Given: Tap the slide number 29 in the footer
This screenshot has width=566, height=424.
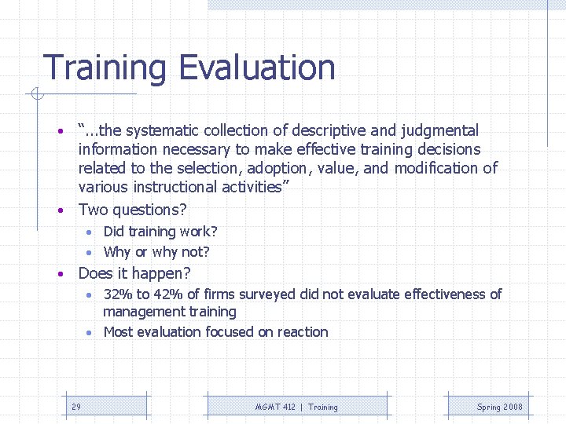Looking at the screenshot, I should [x=76, y=406].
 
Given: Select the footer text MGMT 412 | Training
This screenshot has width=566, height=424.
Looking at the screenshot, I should [x=296, y=407].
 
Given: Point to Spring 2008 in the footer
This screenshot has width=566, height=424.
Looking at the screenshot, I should [x=499, y=407].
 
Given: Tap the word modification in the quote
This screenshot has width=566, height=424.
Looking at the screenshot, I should [x=436, y=168].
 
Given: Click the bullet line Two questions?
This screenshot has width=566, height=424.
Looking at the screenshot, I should [x=133, y=210].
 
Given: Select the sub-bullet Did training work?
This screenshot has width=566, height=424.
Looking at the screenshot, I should [x=160, y=232].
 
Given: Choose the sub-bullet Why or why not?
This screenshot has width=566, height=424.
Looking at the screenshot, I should [x=156, y=252].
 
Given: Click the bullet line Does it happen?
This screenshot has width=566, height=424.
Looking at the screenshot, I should [x=134, y=273].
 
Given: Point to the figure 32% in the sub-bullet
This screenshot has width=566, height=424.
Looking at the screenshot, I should [x=118, y=294].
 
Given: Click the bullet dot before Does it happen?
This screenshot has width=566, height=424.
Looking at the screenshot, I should [x=60, y=275].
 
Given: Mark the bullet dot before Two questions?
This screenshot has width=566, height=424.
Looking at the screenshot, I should [x=60, y=211].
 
